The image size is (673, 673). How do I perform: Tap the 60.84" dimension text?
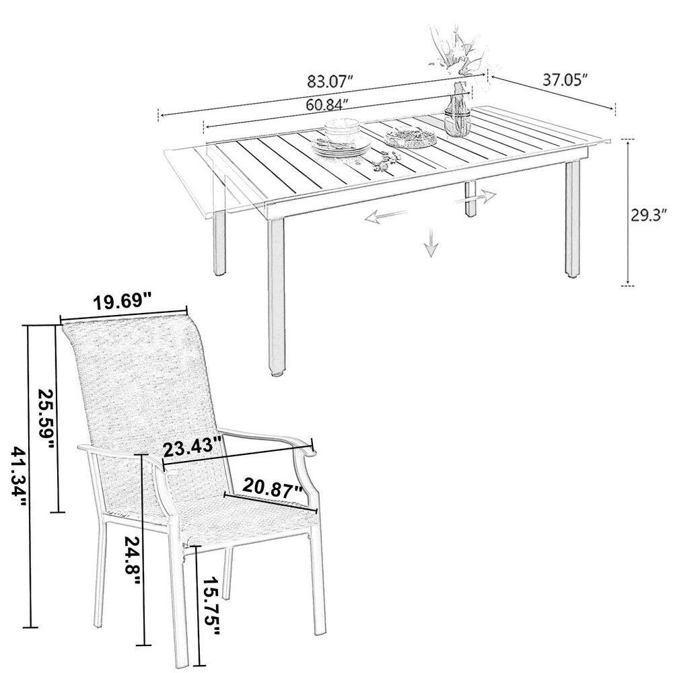point(326,104)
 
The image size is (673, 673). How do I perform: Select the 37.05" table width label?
point(565,79)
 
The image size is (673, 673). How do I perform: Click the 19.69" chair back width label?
point(124,302)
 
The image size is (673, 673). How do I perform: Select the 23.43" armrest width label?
point(193,447)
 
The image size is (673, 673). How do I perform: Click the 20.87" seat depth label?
point(273,489)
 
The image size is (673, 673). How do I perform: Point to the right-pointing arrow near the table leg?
point(476,198)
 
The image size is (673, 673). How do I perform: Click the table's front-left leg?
point(276,297)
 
